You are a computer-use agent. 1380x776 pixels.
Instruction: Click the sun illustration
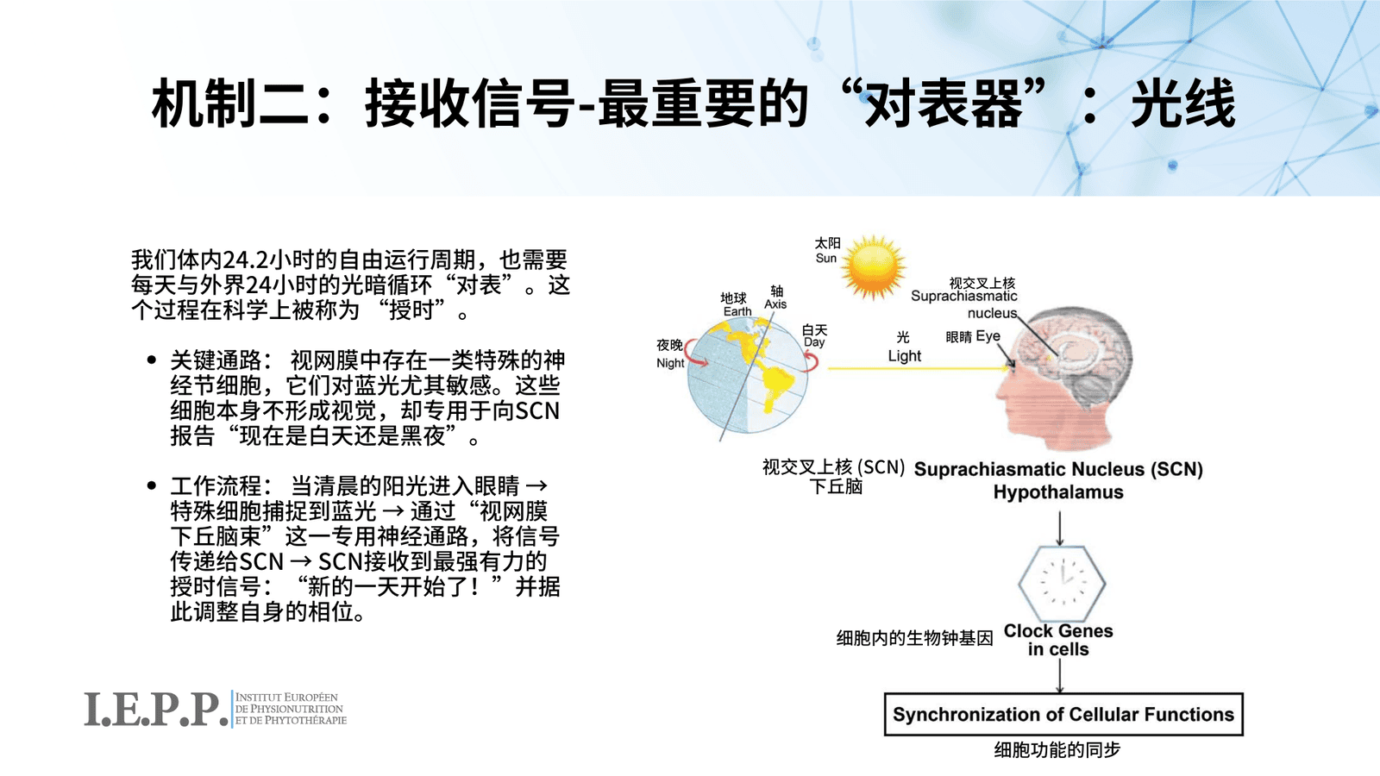[x=873, y=267]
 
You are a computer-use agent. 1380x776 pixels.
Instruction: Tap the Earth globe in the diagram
[x=747, y=374]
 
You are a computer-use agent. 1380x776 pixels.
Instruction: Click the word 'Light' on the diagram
[x=905, y=355]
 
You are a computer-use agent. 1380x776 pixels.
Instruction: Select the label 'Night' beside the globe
[x=670, y=363]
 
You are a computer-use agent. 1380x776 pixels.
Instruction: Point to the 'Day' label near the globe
[x=814, y=342]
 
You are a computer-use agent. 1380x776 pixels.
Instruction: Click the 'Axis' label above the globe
[x=775, y=304]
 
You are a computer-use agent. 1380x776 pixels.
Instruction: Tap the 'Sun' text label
[x=826, y=258]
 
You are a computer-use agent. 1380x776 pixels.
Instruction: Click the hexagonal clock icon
[x=1062, y=583]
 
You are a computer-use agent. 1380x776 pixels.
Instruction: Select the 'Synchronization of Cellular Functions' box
[x=1063, y=715]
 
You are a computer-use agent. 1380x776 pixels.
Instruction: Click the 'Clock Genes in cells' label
[x=1058, y=640]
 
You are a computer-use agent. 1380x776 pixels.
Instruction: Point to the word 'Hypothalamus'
[x=1058, y=492]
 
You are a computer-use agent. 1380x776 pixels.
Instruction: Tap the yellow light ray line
[x=918, y=368]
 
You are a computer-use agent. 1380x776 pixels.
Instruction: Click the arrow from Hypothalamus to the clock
[x=1060, y=529]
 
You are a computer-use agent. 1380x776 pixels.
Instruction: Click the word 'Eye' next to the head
[x=988, y=336]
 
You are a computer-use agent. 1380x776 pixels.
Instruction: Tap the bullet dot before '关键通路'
[x=152, y=360]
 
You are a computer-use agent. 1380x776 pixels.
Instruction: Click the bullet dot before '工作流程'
[x=152, y=486]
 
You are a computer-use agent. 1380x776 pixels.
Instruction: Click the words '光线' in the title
[x=1182, y=103]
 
